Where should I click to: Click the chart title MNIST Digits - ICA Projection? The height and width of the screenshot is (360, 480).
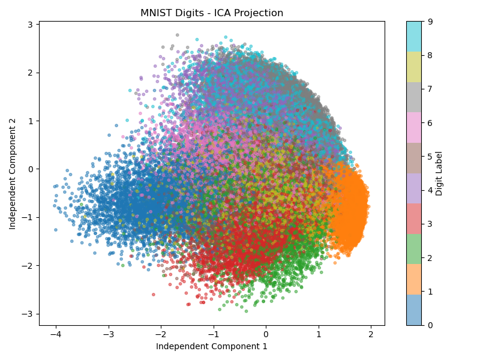[x=212, y=13]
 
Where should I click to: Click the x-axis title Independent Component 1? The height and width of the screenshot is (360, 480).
[x=212, y=346]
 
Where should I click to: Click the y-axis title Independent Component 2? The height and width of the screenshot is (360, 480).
[x=13, y=173]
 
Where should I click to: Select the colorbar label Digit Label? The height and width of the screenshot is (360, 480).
[x=439, y=173]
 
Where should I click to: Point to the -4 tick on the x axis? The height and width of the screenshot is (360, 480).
[x=55, y=334]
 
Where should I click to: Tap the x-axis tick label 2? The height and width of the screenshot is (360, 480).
[x=371, y=334]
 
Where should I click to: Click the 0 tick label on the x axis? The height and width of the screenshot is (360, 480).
[x=266, y=334]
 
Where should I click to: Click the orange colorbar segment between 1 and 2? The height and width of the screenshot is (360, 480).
[x=414, y=274]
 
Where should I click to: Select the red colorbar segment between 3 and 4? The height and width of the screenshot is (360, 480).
[x=414, y=207]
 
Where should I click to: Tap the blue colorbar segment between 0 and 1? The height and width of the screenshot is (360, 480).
[x=414, y=308]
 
